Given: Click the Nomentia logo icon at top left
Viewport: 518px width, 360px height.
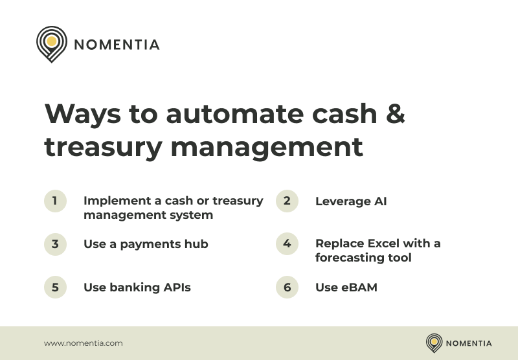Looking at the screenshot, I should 51,43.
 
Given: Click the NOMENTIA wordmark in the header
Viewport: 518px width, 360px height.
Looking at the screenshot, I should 117,45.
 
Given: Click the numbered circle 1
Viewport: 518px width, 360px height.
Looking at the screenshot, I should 55,201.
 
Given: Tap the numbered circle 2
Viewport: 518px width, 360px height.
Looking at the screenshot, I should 287,201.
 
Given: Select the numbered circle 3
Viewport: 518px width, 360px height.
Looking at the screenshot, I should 55,244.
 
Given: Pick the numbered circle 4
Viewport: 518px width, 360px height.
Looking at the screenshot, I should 287,244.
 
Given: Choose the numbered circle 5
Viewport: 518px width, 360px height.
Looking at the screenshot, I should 55,287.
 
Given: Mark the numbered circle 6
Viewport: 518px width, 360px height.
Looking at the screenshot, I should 287,287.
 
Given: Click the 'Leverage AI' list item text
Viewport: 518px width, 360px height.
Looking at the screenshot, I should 350,201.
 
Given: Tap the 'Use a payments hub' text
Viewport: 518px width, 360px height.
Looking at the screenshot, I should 146,244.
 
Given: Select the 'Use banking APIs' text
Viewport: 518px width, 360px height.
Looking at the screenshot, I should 137,287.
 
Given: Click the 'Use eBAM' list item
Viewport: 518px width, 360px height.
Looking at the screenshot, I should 346,287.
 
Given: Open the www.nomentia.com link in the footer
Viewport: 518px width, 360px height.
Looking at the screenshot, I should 83,343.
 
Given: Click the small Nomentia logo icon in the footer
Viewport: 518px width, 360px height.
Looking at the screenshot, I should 434,343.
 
